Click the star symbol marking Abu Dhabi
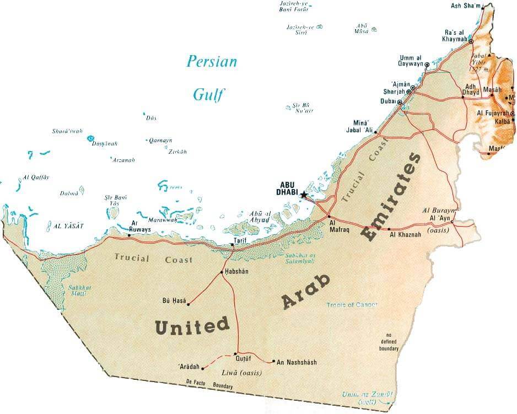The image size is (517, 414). click(x=303, y=195)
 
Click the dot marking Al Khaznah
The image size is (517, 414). click(x=389, y=229)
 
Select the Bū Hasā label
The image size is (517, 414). click(x=174, y=300)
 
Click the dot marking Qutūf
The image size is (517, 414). click(x=236, y=353)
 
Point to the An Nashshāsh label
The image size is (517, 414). click(x=297, y=362)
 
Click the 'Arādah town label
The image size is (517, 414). click(x=190, y=366)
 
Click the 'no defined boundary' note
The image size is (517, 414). click(x=388, y=342)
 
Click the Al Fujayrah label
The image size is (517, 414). click(x=492, y=114)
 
